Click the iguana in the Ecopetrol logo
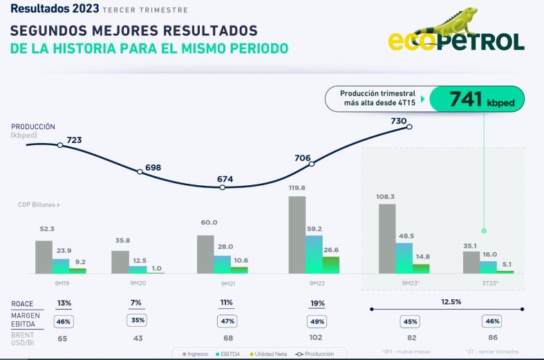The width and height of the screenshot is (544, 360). pyautogui.click(x=449, y=22)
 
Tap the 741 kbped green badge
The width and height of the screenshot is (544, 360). pyautogui.click(x=476, y=99)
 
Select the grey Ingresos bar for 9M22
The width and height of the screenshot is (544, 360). pyautogui.click(x=297, y=235)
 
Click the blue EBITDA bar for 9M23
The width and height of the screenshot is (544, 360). pyautogui.click(x=404, y=258)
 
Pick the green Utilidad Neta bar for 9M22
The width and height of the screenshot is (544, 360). pyautogui.click(x=331, y=265)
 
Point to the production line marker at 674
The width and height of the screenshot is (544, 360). pyautogui.click(x=223, y=187)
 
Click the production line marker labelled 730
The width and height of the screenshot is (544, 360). pyautogui.click(x=410, y=126)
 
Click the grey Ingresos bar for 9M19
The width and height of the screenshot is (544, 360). pyautogui.click(x=44, y=257)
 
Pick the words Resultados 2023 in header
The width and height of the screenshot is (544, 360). pyautogui.click(x=53, y=9)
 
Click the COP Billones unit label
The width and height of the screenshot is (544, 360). pyautogui.click(x=39, y=205)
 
